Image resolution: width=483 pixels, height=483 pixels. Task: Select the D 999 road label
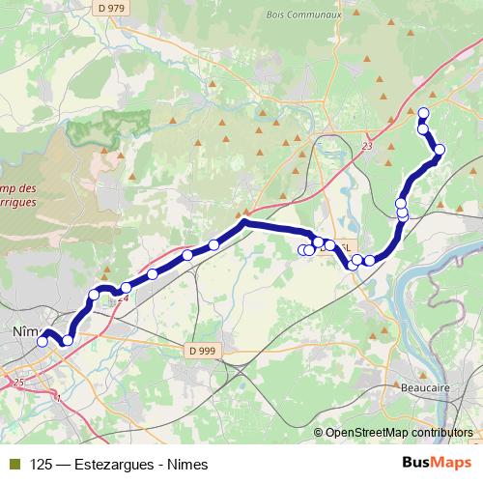click(x=204, y=351)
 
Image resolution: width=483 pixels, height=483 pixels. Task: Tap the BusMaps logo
click(x=435, y=464)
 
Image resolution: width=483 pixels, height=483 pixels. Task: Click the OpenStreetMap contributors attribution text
click(x=399, y=432)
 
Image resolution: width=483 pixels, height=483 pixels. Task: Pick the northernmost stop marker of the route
click(x=423, y=113)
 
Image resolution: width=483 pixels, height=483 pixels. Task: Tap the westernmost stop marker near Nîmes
click(x=43, y=341)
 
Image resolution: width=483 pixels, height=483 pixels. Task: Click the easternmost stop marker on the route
click(x=440, y=149)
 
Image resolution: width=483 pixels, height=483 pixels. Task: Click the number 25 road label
click(x=19, y=384)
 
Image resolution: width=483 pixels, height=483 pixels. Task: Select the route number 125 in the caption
click(x=41, y=464)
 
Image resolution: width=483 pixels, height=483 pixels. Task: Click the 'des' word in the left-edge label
click(x=27, y=189)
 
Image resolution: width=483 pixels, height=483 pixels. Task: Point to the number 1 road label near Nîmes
click(x=58, y=396)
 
